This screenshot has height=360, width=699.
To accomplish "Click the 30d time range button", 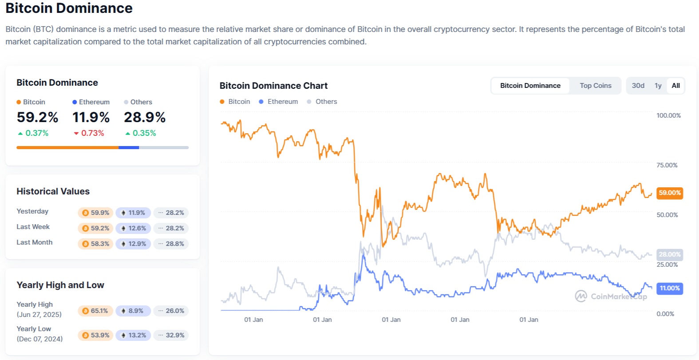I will [638, 86].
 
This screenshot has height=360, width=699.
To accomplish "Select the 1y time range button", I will [658, 86].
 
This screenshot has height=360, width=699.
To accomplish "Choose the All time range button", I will [675, 86].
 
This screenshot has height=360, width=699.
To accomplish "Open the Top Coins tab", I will [595, 86].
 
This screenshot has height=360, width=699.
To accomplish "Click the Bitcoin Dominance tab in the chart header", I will [530, 86].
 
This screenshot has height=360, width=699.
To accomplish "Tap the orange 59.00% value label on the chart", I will [669, 193].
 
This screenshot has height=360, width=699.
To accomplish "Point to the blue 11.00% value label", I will [669, 289].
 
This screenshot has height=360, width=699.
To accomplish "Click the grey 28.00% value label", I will [669, 254].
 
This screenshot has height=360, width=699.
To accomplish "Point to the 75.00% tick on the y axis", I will [667, 165].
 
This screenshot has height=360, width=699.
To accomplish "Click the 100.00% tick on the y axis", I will [668, 115].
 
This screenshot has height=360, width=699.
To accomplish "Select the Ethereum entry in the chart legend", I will [279, 102].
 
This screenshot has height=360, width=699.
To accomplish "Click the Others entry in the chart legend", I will [322, 102].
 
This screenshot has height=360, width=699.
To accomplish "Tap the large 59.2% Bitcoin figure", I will [37, 117].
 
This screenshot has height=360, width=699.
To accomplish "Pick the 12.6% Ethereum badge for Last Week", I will [133, 228].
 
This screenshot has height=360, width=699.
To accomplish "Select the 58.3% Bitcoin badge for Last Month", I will [95, 244].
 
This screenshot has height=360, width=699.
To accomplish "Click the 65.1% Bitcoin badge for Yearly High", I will [95, 311].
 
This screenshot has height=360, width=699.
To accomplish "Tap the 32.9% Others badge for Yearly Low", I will [171, 335].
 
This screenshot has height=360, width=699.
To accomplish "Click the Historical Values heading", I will [53, 191].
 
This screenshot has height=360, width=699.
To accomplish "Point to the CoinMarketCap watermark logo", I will [611, 296].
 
